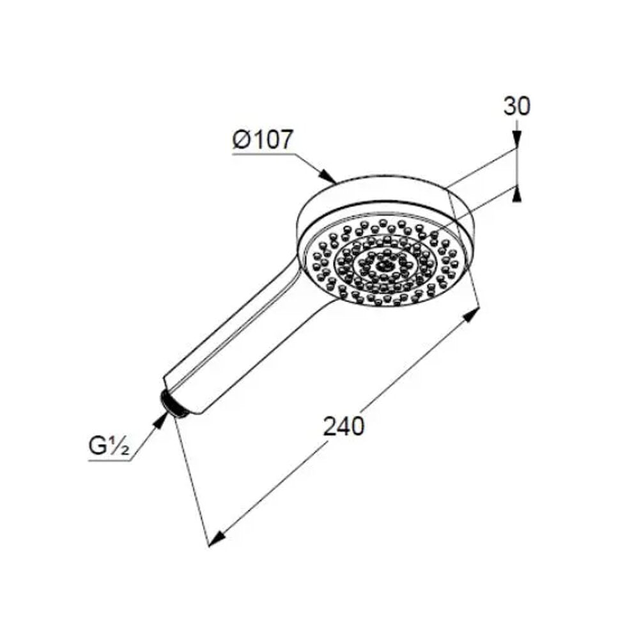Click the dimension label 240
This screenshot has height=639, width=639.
tap(343, 427)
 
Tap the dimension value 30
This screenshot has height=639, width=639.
tap(517, 106)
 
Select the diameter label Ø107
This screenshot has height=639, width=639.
tap(263, 140)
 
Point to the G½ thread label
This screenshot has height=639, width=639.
tap(109, 447)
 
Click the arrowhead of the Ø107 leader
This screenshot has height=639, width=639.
tap(328, 176)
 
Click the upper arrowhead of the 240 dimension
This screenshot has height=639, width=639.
tap(472, 314)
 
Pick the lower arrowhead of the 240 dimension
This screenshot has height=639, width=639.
tap(217, 537)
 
